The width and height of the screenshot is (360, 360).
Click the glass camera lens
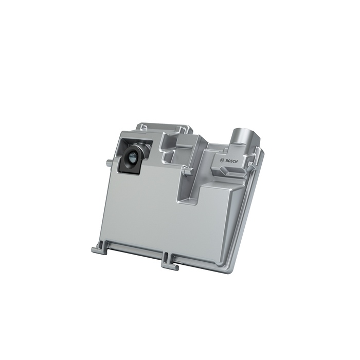click(x=132, y=159)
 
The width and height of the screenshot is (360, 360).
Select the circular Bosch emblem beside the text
click(x=222, y=161)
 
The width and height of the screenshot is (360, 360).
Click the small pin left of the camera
click(x=109, y=164)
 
